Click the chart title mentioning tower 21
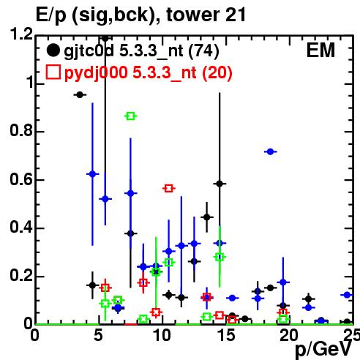(140, 15)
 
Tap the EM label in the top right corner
(320, 50)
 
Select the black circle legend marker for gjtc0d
(53, 50)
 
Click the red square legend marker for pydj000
(53, 72)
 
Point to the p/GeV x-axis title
(324, 349)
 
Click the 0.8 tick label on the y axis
(21, 131)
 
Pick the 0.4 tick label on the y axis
(21, 228)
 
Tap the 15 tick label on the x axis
(226, 336)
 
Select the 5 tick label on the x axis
(98, 336)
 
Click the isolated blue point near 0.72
(270, 151)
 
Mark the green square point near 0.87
(131, 116)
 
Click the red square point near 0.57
(169, 189)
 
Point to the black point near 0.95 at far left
(80, 95)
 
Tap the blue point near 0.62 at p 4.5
(92, 174)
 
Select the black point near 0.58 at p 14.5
(220, 184)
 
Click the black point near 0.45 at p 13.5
(207, 217)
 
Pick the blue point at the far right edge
(347, 295)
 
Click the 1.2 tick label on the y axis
(21, 34)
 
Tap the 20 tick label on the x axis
(289, 336)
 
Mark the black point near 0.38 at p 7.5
(131, 233)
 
